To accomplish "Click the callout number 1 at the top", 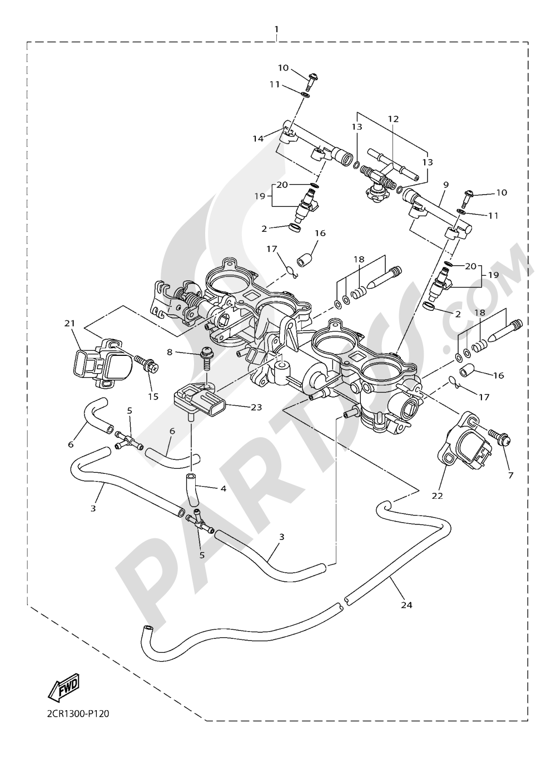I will (276, 28).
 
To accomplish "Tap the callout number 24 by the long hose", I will (406, 605).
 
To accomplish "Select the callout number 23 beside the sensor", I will (256, 407).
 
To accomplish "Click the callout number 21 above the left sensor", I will (69, 323).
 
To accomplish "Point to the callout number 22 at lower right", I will (438, 496).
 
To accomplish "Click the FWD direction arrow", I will (64, 687).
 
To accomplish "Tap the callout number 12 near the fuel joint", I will (393, 119).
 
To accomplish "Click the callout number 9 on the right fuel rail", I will (446, 184).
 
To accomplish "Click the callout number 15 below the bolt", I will (153, 397).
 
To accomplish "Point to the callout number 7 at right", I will (510, 475).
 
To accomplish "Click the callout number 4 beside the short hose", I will (223, 489).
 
